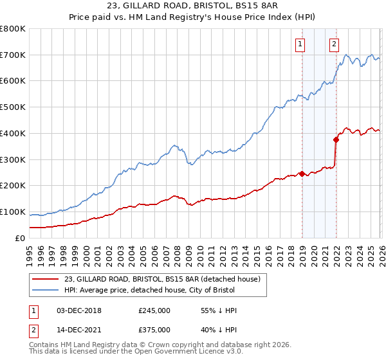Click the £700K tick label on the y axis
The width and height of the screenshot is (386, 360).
(x=13, y=55)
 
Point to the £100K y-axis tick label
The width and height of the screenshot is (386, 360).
(x=13, y=212)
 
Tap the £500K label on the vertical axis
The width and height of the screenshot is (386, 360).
(x=13, y=107)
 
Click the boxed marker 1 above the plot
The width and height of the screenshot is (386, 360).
(x=301, y=44)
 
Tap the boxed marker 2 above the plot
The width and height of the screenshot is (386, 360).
(x=335, y=44)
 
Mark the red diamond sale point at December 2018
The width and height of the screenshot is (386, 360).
(x=302, y=174)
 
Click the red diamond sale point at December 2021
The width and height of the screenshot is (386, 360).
(x=336, y=139)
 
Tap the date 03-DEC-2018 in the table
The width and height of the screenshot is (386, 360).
(x=74, y=310)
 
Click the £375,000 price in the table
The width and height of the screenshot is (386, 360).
(x=154, y=330)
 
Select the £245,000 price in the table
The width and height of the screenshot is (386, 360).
(x=154, y=310)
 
